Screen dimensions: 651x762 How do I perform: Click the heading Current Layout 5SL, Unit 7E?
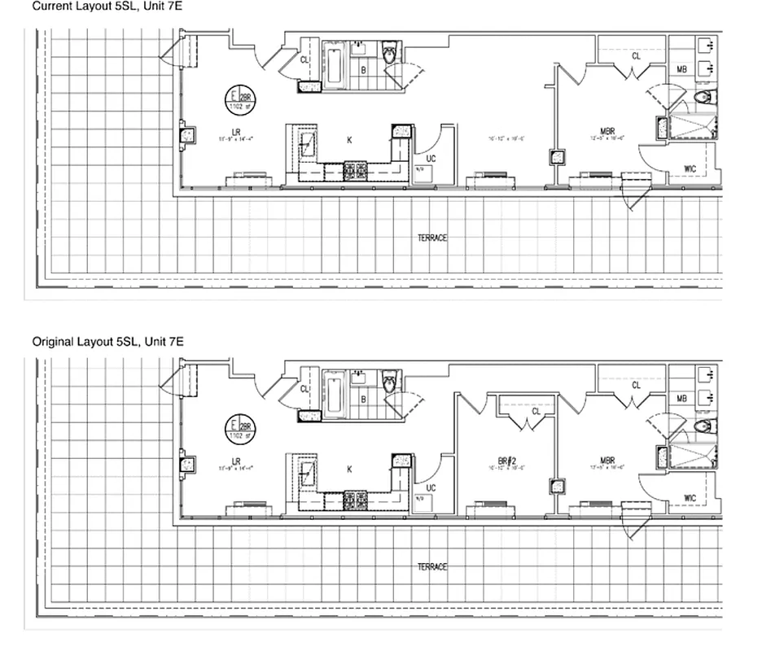(x=107, y=6)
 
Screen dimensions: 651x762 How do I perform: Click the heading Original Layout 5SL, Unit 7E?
(x=107, y=342)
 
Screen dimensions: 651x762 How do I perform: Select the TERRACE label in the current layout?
(x=432, y=238)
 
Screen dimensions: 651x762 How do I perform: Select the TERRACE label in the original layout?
(x=432, y=566)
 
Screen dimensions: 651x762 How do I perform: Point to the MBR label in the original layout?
(x=607, y=460)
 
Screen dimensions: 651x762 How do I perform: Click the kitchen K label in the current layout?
(x=349, y=140)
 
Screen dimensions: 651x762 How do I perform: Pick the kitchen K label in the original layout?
(x=349, y=470)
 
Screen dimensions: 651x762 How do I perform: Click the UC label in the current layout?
(x=431, y=159)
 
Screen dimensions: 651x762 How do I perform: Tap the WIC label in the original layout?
(x=690, y=498)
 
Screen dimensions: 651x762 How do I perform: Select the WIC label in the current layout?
(x=690, y=168)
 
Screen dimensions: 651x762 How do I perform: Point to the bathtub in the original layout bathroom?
(x=334, y=393)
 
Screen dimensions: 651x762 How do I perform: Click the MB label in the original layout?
(x=682, y=399)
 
